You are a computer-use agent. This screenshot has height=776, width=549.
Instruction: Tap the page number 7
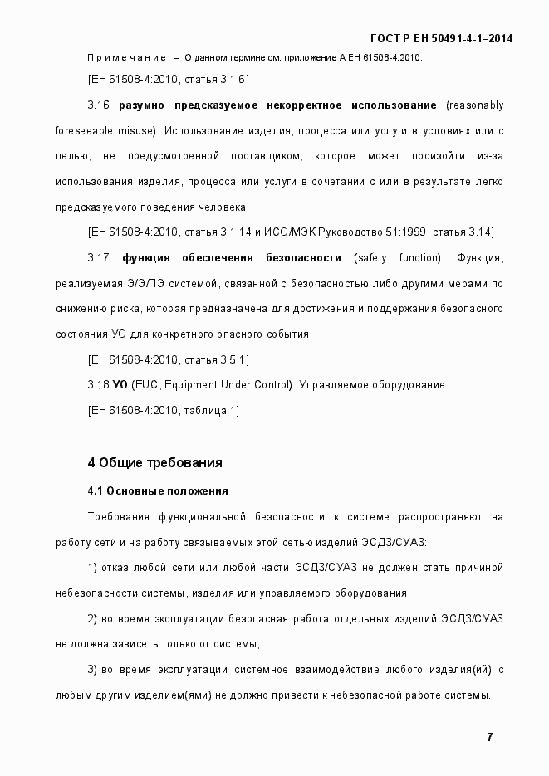(x=490, y=737)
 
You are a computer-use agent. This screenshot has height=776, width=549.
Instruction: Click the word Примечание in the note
(x=125, y=57)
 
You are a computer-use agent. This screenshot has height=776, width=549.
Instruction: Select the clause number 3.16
(x=98, y=105)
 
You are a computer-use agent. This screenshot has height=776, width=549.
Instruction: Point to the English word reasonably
(x=474, y=105)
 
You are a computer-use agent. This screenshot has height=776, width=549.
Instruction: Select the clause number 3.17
(x=98, y=257)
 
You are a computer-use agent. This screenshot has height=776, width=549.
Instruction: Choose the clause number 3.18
(x=98, y=384)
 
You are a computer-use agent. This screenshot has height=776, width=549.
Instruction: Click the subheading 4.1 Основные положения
(x=157, y=490)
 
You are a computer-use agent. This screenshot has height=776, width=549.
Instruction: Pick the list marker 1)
(x=92, y=568)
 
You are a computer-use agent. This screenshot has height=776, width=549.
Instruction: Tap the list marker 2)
(x=92, y=618)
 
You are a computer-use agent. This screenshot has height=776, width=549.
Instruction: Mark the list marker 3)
(x=92, y=669)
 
